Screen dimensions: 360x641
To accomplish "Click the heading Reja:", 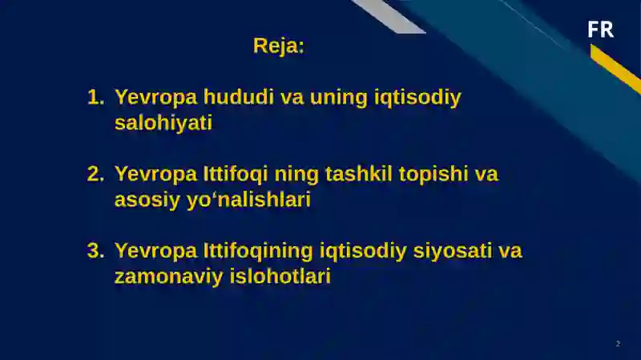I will tap(279, 46).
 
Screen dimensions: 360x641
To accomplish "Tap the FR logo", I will tap(600, 30).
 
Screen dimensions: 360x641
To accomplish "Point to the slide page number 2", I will tap(618, 343).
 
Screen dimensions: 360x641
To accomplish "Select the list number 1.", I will tap(95, 98).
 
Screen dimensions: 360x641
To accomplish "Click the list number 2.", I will tap(95, 174).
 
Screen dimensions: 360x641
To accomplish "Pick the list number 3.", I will tap(95, 251).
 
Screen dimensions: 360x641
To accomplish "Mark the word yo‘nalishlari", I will tap(248, 200).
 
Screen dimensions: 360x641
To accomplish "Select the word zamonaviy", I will tap(160, 277).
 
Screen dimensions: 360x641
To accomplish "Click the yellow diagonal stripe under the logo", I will tap(615, 67).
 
